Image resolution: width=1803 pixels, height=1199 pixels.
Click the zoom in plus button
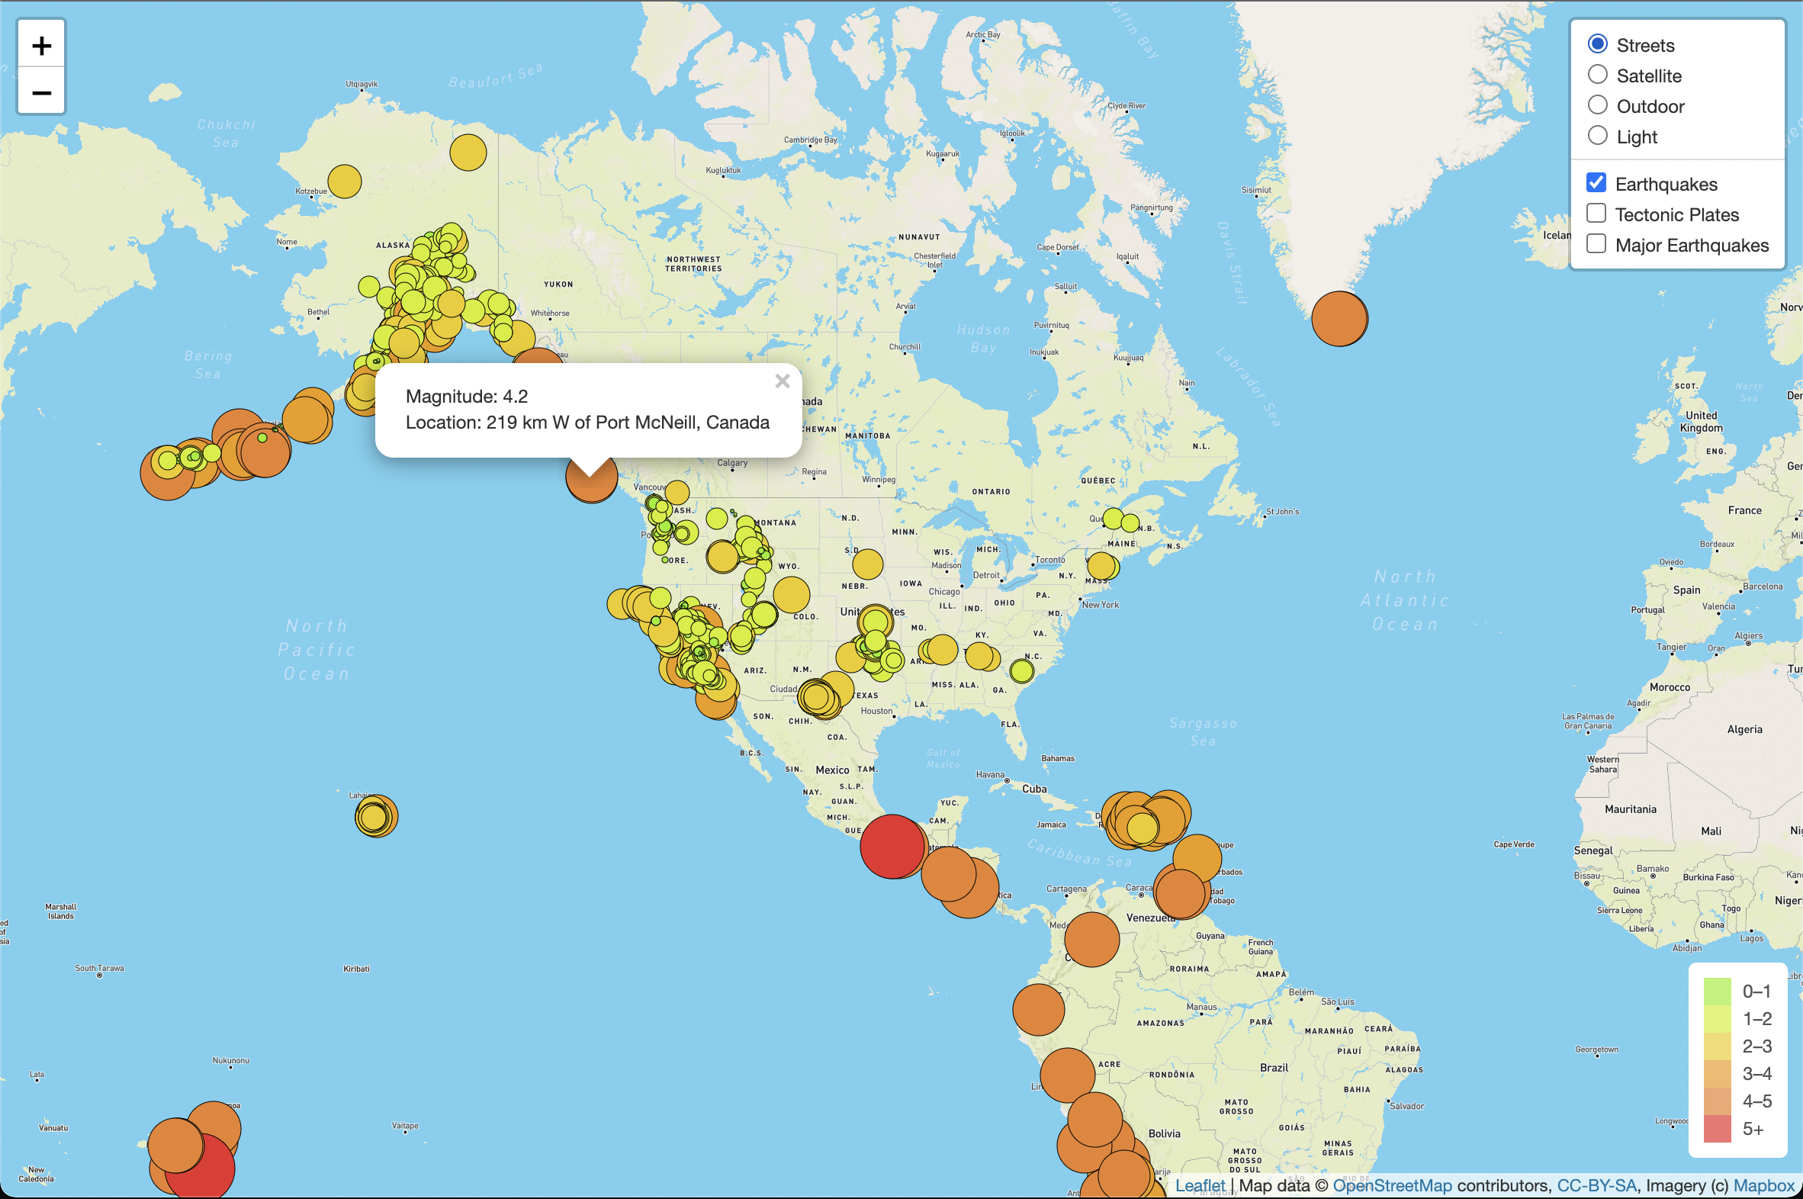point(41,46)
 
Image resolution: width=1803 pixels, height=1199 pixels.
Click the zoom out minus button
point(41,93)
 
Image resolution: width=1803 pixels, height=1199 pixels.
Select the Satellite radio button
point(1597,75)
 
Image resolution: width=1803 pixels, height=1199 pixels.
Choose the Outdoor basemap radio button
point(1597,105)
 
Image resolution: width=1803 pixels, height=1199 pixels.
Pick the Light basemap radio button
point(1597,136)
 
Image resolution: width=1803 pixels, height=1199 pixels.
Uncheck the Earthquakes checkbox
point(1596,183)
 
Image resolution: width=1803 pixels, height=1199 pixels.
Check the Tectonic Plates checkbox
point(1596,214)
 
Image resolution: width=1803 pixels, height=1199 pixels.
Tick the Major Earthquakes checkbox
point(1596,244)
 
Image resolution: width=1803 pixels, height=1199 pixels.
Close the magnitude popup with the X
point(782,381)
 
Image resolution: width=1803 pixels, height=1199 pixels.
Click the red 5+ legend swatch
point(1717,1129)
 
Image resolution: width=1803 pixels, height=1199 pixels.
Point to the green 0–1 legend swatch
point(1717,991)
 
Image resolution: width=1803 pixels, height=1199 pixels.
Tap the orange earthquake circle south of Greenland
point(1339,319)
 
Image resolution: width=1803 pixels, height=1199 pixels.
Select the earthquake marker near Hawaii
point(375,816)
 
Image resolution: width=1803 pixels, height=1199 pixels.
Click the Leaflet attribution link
point(1200,1185)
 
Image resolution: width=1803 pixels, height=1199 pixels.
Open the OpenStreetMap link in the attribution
point(1392,1185)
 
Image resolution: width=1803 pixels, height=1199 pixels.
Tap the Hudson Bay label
point(983,338)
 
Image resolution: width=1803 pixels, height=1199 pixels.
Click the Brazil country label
point(1274,1068)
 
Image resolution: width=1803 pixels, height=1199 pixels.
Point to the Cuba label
point(1033,789)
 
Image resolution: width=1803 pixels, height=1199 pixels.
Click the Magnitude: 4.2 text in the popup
point(467,396)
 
